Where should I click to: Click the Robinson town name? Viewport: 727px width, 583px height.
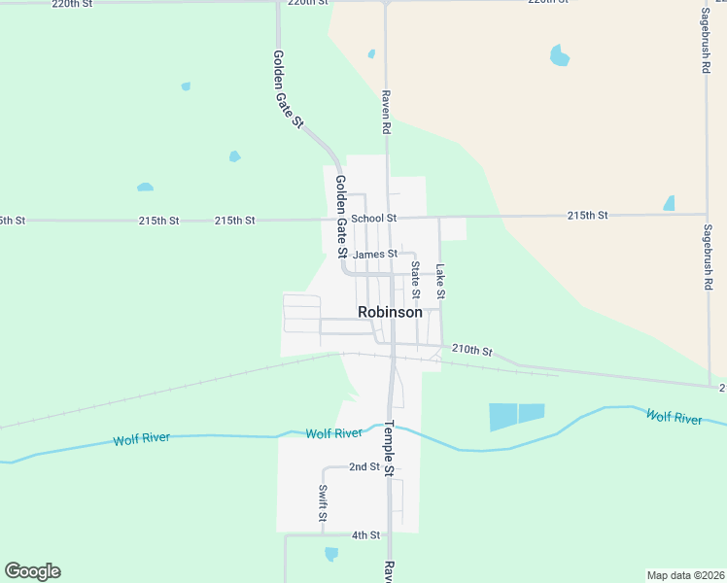tap(390, 313)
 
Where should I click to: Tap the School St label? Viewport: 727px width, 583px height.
tap(374, 219)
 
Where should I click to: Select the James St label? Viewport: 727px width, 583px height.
tap(375, 255)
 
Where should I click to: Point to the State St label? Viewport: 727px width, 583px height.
tap(415, 279)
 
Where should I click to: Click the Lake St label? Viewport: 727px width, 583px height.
tap(440, 281)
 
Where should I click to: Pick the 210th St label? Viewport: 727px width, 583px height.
tap(472, 350)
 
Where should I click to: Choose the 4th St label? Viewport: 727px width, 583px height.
tap(365, 535)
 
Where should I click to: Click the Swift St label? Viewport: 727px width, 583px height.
tap(323, 504)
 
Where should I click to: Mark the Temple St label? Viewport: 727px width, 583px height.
tap(388, 448)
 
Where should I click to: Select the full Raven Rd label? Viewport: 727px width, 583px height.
tap(386, 112)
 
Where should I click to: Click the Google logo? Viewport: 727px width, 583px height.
tap(32, 571)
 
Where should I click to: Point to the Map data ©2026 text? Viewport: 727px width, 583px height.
tap(686, 575)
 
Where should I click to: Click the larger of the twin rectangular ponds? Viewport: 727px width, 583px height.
tap(503, 417)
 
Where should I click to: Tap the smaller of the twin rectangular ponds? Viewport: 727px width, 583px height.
tap(532, 412)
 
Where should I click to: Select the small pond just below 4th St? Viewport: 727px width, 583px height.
tap(331, 554)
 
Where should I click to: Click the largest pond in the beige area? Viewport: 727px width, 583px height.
tap(559, 55)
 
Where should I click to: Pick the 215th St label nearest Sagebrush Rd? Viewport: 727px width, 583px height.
tap(587, 215)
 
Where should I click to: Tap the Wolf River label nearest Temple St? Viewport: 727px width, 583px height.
tap(333, 432)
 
